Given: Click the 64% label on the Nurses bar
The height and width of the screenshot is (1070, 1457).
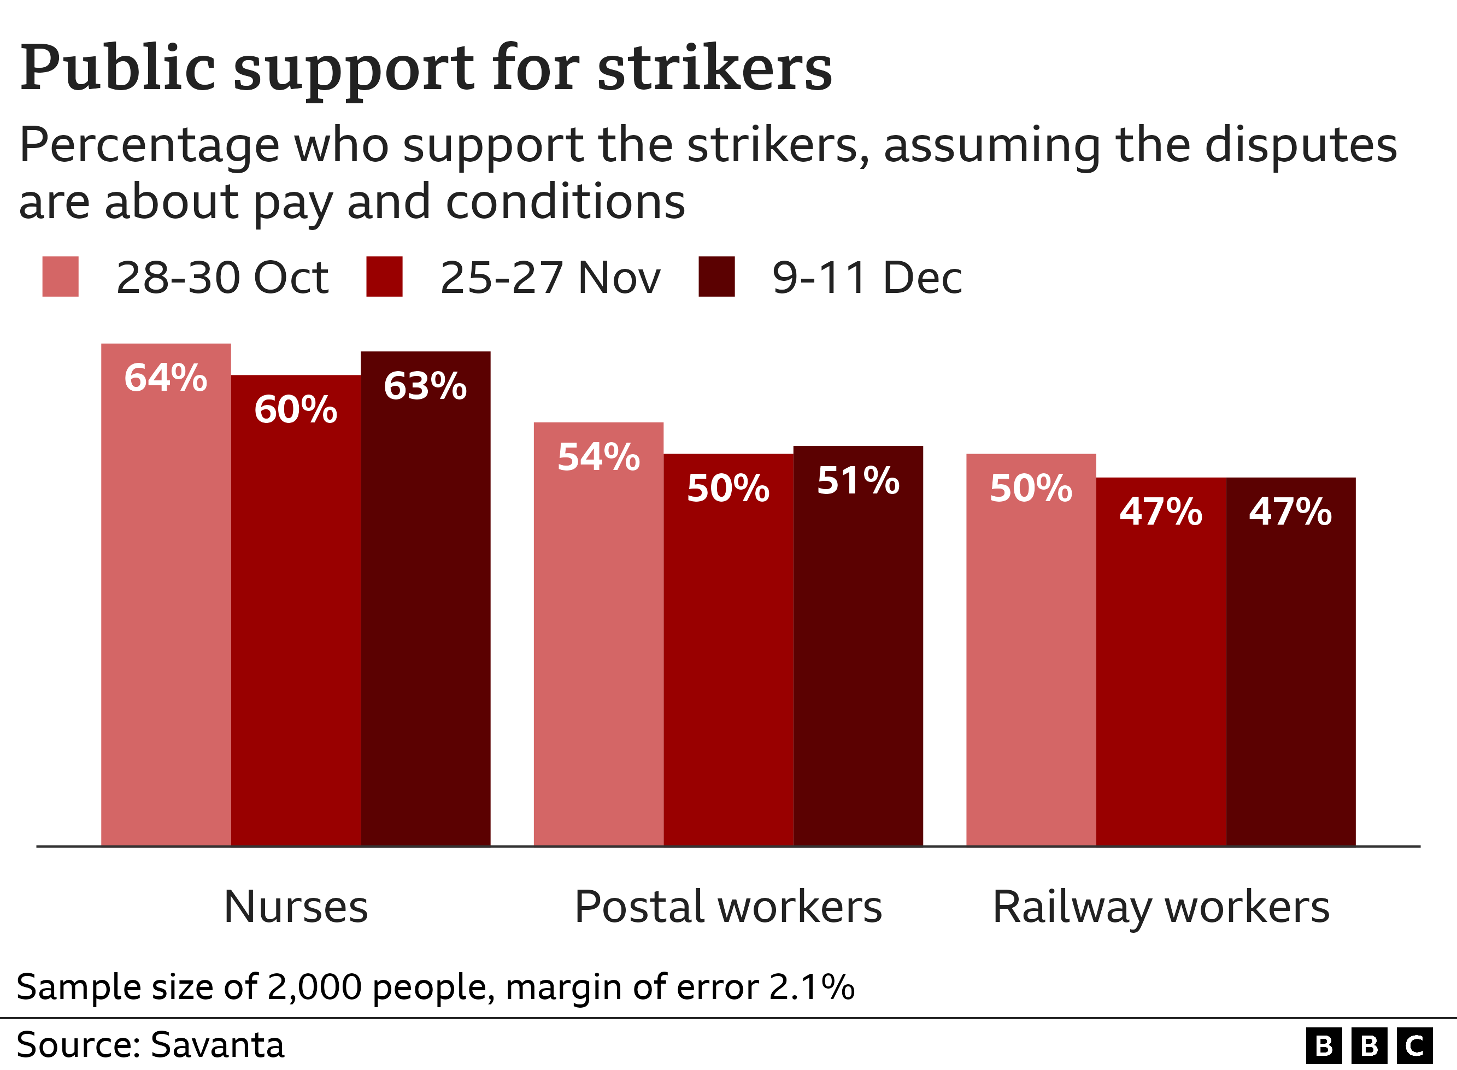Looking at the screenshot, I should [x=166, y=378].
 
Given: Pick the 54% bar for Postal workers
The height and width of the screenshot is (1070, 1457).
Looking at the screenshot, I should [x=598, y=635].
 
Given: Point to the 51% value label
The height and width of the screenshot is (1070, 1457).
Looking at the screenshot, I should [x=858, y=480].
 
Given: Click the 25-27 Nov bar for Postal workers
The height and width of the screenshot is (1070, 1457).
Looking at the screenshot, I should [x=728, y=648].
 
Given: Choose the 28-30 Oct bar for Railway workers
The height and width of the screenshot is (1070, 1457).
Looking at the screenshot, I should [x=1031, y=648].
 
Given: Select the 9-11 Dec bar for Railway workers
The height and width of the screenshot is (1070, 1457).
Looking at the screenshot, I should [x=1290, y=661].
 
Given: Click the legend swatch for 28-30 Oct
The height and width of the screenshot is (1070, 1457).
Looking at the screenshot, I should [x=60, y=277].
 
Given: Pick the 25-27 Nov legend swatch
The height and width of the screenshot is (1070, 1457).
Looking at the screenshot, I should [x=384, y=277].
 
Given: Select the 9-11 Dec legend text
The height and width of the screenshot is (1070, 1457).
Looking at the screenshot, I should [x=866, y=278].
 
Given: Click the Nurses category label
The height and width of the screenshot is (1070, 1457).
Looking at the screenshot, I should [x=296, y=906].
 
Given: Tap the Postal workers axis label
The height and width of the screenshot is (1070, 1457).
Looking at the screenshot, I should [x=728, y=906].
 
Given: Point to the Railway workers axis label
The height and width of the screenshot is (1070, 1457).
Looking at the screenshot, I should [x=1161, y=906].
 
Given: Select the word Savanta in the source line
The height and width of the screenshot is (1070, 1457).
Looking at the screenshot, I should [x=217, y=1045].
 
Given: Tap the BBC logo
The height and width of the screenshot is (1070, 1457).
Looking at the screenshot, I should [x=1369, y=1045].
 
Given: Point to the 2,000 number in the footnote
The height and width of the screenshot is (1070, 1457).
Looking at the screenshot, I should [x=314, y=987].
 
